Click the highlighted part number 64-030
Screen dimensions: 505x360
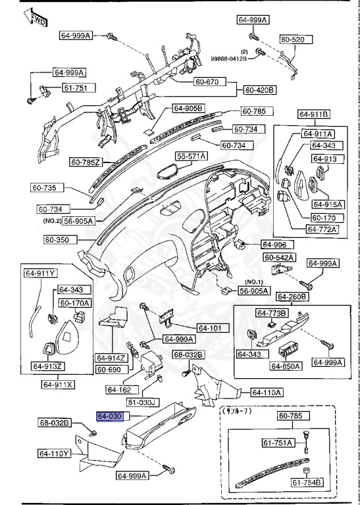pyautogui.click(x=109, y=417)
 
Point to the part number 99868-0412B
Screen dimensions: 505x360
pyautogui.click(x=228, y=59)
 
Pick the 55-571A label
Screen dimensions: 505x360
pyautogui.click(x=191, y=156)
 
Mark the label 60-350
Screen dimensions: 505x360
pyautogui.click(x=58, y=240)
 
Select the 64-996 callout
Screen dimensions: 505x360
pyautogui.click(x=276, y=243)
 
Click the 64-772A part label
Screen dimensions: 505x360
pyautogui.click(x=321, y=229)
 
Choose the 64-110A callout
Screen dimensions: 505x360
pyautogui.click(x=267, y=393)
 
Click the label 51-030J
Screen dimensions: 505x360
pyautogui.click(x=142, y=402)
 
